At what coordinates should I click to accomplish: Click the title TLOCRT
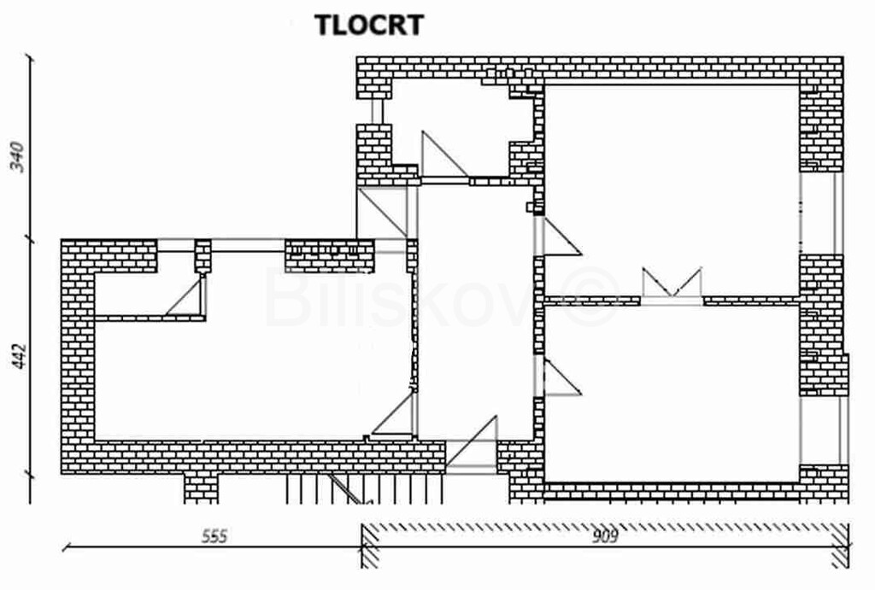click(x=368, y=25)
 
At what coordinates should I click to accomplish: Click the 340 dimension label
click(x=18, y=156)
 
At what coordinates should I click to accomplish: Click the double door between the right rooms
click(x=672, y=284)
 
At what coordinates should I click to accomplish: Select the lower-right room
click(x=672, y=393)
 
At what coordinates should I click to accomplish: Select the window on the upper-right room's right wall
click(x=820, y=213)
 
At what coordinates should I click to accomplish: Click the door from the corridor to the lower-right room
click(x=559, y=377)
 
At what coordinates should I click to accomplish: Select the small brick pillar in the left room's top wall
click(x=203, y=255)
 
